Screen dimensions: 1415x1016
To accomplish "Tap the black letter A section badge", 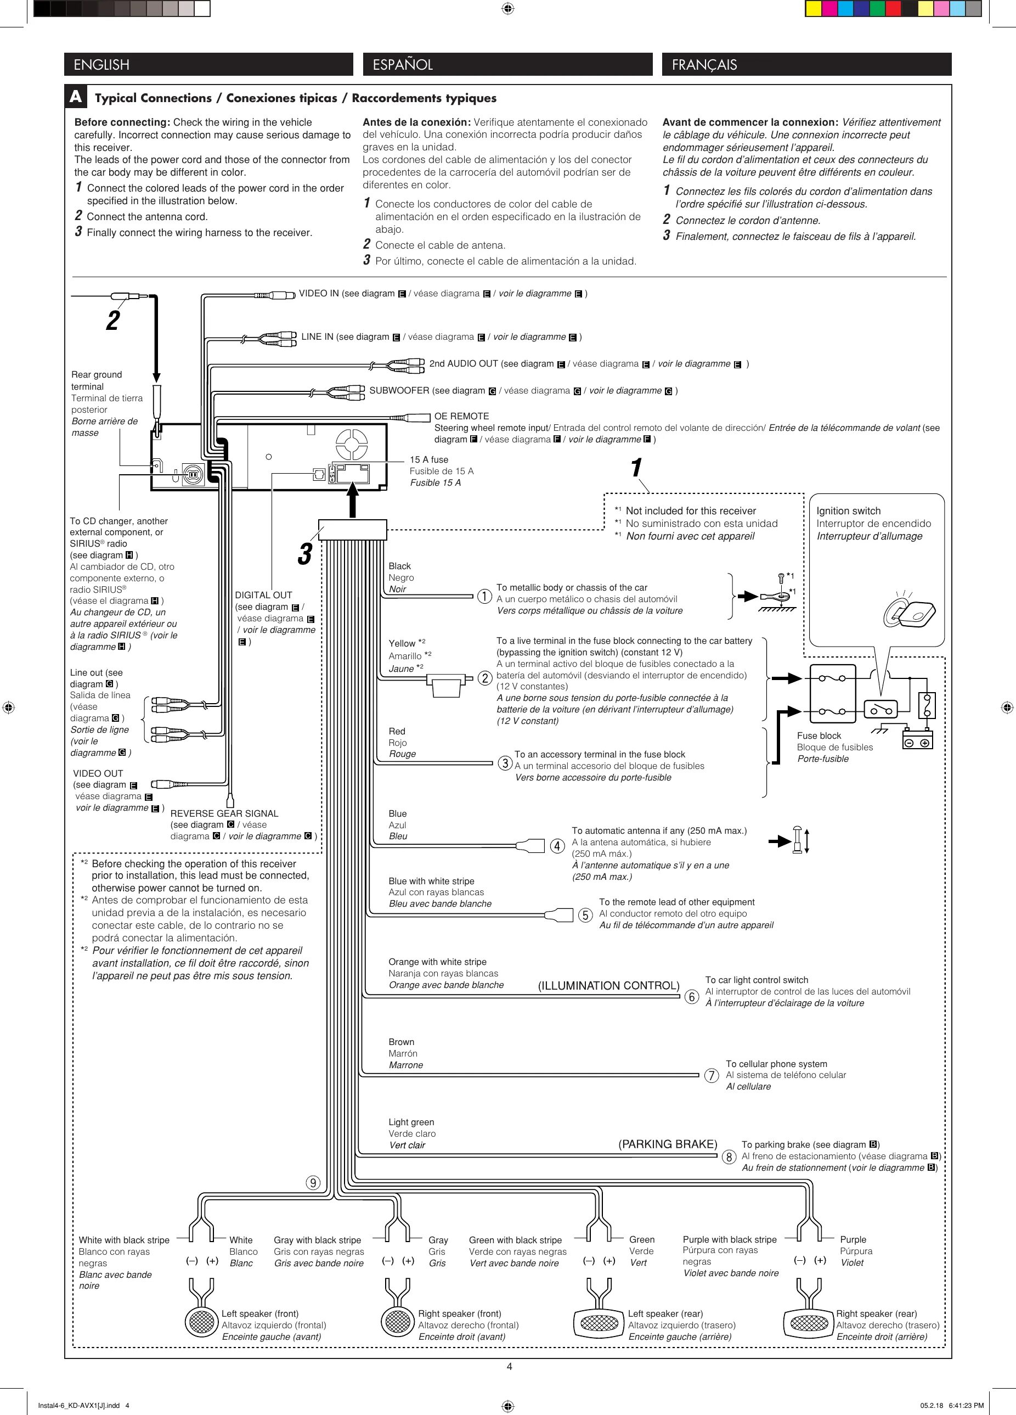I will tap(76, 97).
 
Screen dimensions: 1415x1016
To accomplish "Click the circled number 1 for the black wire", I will tap(484, 597).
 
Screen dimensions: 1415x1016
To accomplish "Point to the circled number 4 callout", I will tap(557, 846).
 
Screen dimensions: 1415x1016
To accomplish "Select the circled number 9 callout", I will tap(313, 1183).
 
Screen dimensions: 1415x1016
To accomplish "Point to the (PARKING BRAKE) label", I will tap(667, 1144).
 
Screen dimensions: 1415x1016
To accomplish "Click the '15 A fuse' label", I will tap(429, 460).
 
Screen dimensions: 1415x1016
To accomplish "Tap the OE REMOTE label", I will tap(461, 416).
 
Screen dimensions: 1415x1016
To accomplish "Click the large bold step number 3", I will tap(304, 554).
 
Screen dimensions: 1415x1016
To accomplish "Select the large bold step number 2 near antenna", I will tap(112, 321).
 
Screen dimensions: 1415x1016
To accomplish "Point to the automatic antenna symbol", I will tap(798, 840).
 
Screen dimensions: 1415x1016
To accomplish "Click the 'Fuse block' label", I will tap(819, 735).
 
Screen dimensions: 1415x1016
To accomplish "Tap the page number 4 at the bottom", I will tap(509, 1366).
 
